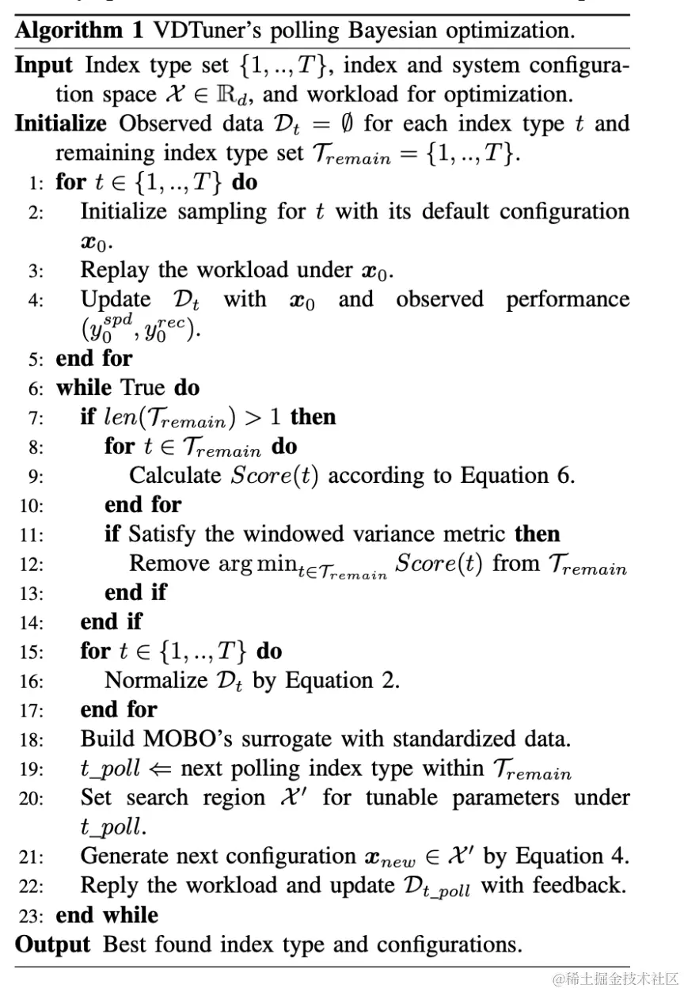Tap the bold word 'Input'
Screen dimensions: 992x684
[44, 65]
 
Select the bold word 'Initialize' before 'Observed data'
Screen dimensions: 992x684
[60, 124]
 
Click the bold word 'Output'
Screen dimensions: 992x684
[53, 944]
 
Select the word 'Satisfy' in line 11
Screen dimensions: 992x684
[161, 534]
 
